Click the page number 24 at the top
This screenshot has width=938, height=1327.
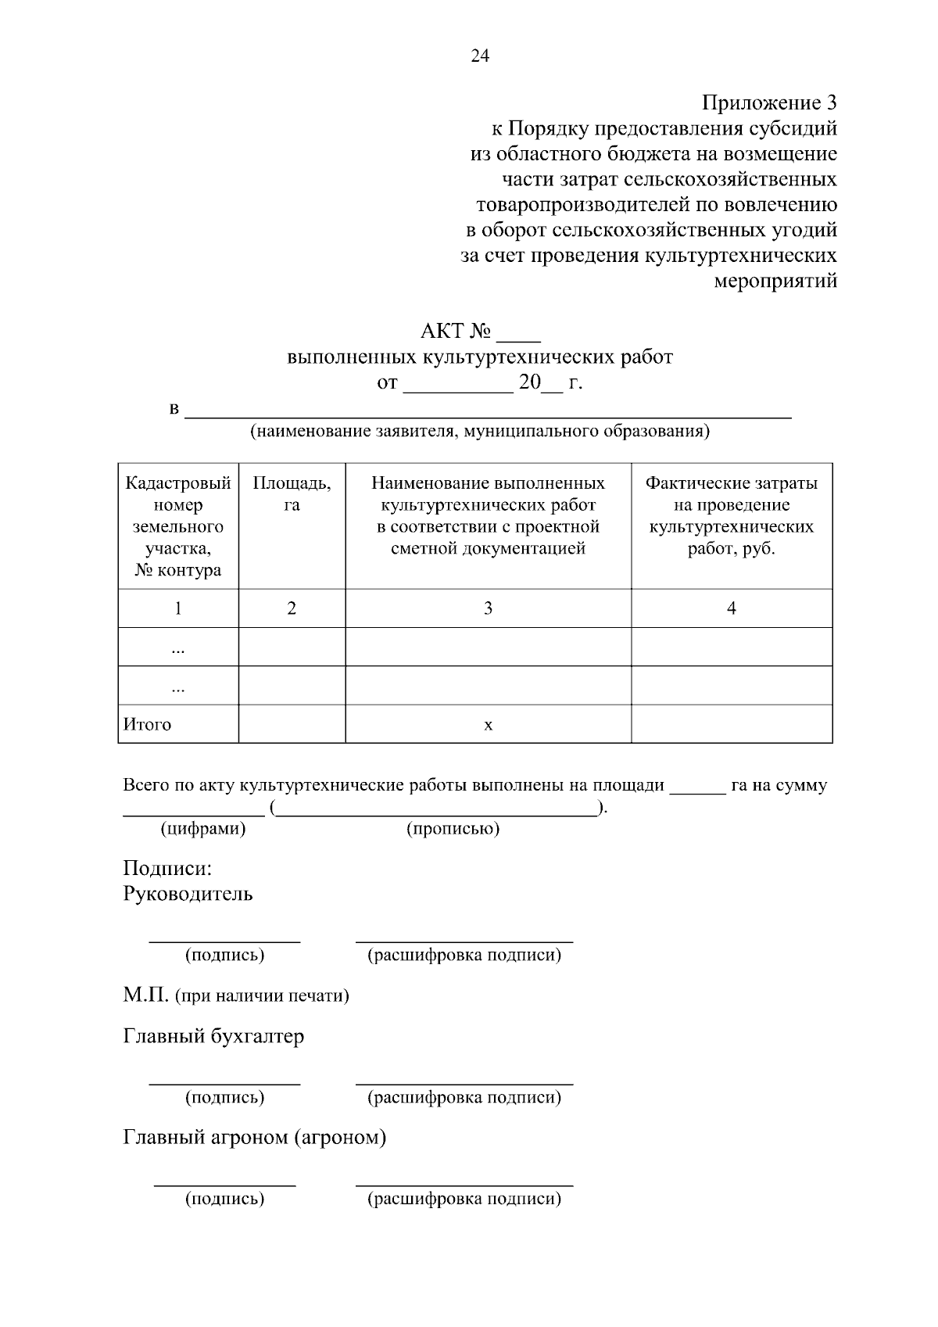[479, 56]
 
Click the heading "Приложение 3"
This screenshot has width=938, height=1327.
[769, 102]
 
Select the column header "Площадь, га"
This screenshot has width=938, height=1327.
[292, 493]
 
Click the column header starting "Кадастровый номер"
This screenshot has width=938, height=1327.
[178, 525]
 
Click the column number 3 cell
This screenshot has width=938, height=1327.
[488, 608]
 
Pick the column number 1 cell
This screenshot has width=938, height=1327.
[178, 608]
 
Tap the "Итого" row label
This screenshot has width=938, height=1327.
[148, 724]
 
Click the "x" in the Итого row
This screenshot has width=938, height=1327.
[488, 725]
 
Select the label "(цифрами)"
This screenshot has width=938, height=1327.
[203, 829]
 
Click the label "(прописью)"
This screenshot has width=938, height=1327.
[453, 829]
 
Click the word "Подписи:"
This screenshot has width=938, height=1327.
[167, 869]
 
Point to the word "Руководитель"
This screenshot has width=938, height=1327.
[188, 894]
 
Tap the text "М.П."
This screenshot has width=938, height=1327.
[145, 995]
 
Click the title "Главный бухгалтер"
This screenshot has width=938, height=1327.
[213, 1037]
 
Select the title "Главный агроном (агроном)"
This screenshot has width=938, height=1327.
[255, 1137]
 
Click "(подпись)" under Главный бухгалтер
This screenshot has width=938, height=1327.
[224, 1097]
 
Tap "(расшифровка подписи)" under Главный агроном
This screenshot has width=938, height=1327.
[464, 1199]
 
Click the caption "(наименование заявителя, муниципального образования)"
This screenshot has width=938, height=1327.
[479, 431]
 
